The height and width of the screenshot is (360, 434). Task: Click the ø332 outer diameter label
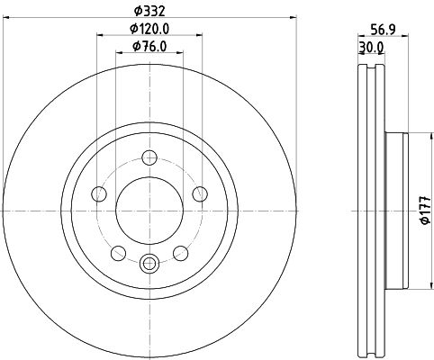pos(150,10)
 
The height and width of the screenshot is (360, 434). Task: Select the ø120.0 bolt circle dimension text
pos(150,29)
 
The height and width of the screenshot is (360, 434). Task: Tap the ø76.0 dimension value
pos(150,47)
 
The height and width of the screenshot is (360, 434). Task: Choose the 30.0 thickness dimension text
pos(370,47)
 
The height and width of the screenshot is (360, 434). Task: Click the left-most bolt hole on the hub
pos(101,194)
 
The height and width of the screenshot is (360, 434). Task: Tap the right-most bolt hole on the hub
pos(199,194)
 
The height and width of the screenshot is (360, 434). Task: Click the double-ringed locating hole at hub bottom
pos(150,263)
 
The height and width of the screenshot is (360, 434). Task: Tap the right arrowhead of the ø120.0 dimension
pos(199,37)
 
